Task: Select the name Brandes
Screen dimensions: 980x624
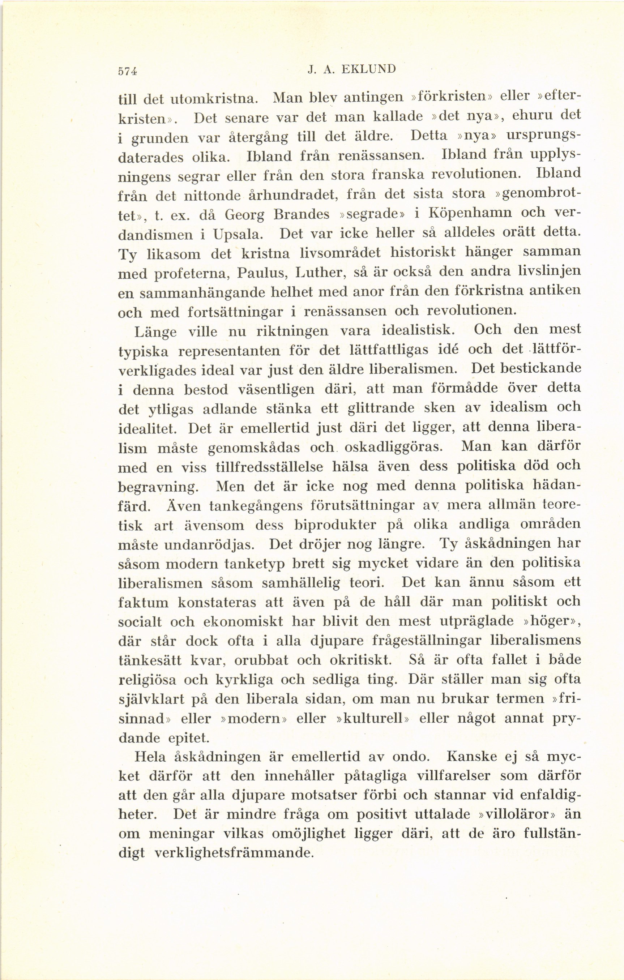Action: (x=302, y=214)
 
